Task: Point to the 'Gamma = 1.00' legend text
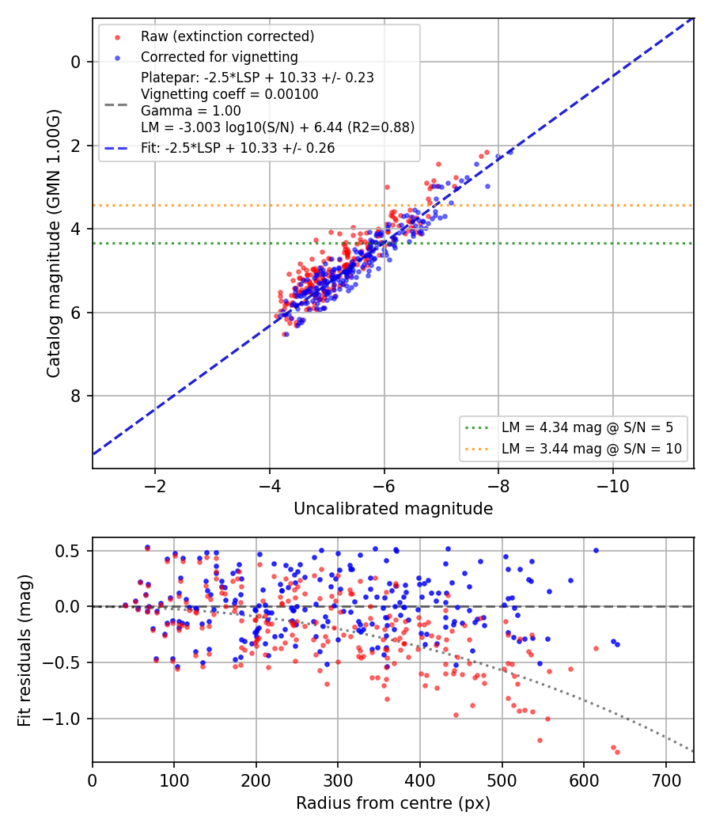[191, 111]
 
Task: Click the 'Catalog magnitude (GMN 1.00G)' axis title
[54, 244]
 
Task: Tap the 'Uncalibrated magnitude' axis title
[393, 509]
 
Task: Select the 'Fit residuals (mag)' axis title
[25, 651]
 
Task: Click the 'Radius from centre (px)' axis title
[393, 803]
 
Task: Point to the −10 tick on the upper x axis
[613, 486]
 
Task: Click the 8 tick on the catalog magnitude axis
[75, 396]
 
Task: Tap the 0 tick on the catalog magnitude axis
[75, 62]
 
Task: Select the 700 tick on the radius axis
[666, 780]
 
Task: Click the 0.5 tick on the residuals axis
[67, 551]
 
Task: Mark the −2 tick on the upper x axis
[155, 486]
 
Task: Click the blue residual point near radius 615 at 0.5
[596, 551]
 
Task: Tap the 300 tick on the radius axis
[338, 780]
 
